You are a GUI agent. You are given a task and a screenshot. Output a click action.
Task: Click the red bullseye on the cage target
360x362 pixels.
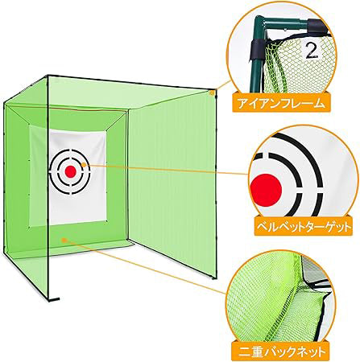[71, 171]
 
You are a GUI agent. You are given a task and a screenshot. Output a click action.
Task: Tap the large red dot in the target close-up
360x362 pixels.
[266, 190]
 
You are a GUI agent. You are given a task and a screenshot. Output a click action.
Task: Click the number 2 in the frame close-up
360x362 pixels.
[312, 50]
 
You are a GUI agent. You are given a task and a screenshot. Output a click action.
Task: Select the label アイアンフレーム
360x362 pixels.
[281, 103]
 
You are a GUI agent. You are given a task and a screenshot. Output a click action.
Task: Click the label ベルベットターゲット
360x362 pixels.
[304, 227]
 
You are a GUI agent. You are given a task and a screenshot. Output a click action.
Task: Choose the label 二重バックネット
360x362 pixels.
[282, 351]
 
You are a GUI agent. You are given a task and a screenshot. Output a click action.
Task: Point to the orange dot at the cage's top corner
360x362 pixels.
[212, 93]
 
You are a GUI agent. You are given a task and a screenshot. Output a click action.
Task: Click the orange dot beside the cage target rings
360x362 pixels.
[84, 165]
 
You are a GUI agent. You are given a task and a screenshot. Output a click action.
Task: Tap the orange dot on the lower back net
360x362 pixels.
[64, 240]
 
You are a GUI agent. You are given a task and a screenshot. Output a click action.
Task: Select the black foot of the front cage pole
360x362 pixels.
[54, 298]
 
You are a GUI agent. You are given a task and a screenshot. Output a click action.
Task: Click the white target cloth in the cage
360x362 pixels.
[78, 177]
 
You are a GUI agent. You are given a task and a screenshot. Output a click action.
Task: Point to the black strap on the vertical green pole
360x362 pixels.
[257, 49]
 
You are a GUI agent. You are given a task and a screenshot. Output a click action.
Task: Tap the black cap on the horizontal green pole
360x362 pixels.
[317, 27]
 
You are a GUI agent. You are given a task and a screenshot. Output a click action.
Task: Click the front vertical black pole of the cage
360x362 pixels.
[48, 187]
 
